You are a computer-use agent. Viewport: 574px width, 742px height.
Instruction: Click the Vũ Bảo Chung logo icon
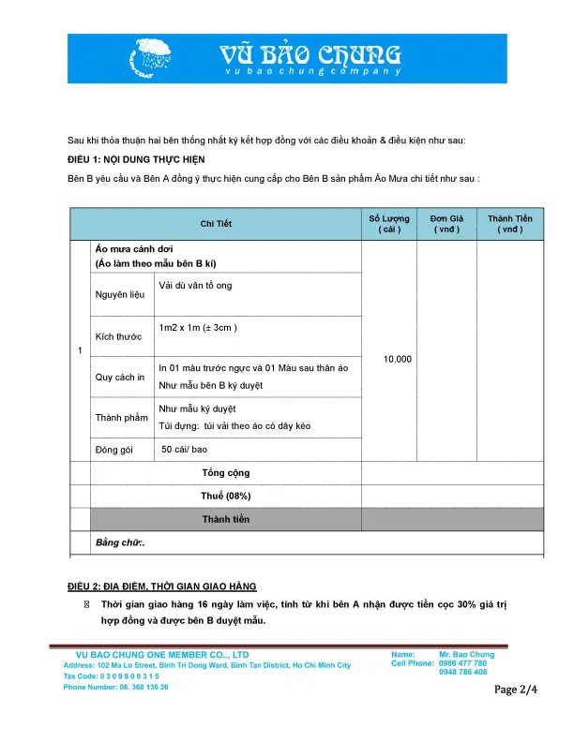pyautogui.click(x=159, y=57)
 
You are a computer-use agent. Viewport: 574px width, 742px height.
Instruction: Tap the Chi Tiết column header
pyautogui.click(x=216, y=224)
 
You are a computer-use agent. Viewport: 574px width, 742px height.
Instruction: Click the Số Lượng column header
pyautogui.click(x=388, y=224)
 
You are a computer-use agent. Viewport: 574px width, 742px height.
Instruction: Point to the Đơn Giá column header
pyautogui.click(x=446, y=224)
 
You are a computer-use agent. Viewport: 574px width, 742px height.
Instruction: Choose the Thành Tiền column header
pyautogui.click(x=509, y=224)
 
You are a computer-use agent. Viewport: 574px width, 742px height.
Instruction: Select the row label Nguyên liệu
pyautogui.click(x=118, y=295)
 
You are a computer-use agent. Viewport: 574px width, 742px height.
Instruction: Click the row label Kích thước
pyautogui.click(x=118, y=336)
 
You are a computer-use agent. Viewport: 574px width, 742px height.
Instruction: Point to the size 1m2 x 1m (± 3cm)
pyautogui.click(x=198, y=327)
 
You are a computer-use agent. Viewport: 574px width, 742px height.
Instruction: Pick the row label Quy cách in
pyautogui.click(x=119, y=378)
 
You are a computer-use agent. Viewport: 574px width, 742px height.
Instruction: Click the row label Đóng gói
pyautogui.click(x=114, y=450)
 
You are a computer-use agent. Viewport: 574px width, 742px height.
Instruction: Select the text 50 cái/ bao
pyautogui.click(x=185, y=450)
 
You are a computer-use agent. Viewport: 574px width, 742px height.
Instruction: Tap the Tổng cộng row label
pyautogui.click(x=225, y=473)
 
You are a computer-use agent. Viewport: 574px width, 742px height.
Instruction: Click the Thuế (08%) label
pyautogui.click(x=225, y=496)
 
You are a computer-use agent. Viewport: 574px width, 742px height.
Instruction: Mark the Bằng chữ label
pyautogui.click(x=121, y=542)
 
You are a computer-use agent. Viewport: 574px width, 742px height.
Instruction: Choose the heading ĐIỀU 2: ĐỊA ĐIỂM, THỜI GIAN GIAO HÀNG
pyautogui.click(x=161, y=586)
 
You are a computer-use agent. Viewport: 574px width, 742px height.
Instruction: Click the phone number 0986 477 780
pyautogui.click(x=462, y=663)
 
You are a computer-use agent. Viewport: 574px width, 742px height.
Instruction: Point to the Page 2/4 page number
pyautogui.click(x=516, y=691)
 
